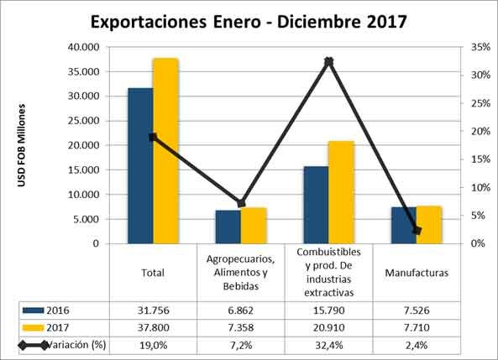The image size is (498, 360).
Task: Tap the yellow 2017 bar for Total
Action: coord(165,151)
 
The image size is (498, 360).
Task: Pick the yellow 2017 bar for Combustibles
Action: coord(341,192)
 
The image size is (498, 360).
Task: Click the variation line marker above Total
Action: coord(153,137)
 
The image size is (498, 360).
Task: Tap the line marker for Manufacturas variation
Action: coord(417,230)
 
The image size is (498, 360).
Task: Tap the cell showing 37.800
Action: coord(153,326)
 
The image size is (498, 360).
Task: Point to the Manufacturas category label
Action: coord(417,273)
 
